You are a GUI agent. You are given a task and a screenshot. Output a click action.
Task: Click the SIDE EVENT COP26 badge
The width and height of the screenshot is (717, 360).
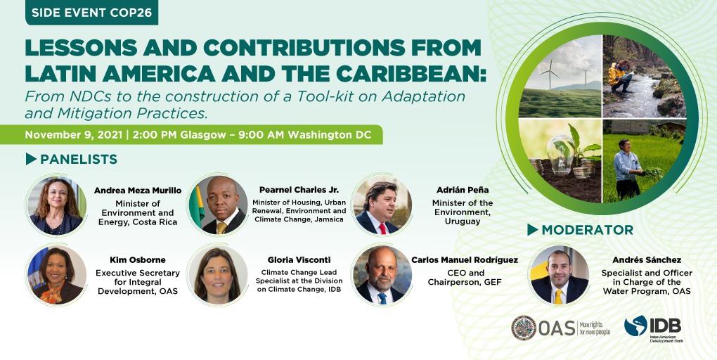(91, 13)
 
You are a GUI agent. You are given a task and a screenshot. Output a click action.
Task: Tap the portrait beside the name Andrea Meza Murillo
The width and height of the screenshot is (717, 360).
(56, 205)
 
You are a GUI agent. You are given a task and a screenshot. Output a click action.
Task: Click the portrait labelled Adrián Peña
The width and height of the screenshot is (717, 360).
(382, 205)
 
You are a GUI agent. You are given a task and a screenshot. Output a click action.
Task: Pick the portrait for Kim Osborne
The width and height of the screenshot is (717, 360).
(56, 275)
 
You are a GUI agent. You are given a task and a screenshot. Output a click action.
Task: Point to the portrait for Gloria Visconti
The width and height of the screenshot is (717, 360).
(218, 275)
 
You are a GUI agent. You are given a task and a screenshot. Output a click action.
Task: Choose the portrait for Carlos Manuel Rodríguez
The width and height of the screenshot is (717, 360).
(382, 275)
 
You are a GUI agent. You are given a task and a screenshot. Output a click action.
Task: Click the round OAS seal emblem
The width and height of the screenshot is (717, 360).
(524, 328)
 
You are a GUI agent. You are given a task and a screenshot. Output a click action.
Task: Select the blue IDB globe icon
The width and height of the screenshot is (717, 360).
(635, 326)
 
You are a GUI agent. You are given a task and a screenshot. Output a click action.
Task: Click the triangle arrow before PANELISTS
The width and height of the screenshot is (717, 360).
(31, 159)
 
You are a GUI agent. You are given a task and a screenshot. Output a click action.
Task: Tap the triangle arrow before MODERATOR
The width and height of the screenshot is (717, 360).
(532, 229)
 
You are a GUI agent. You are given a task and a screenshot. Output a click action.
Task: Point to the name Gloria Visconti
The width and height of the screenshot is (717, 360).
(299, 260)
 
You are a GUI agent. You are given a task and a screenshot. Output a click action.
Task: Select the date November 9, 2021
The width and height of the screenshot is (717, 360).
(73, 135)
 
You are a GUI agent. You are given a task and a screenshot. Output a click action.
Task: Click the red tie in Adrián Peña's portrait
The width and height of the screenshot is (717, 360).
(382, 229)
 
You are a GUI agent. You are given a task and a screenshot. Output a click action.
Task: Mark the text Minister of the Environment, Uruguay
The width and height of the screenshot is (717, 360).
(463, 212)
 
